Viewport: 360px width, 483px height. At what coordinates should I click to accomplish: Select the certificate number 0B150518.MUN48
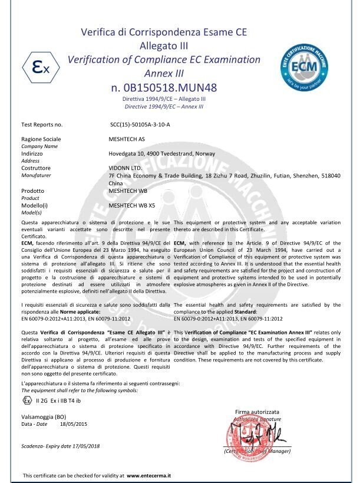(x=164, y=88)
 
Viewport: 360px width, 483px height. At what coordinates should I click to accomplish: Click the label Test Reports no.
(x=41, y=125)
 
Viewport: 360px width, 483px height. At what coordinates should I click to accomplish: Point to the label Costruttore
(x=37, y=167)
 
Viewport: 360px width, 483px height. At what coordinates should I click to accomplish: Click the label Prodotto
(x=33, y=191)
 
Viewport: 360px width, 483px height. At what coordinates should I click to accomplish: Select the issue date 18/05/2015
(x=74, y=423)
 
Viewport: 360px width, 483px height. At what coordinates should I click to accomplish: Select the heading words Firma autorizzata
(x=257, y=411)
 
